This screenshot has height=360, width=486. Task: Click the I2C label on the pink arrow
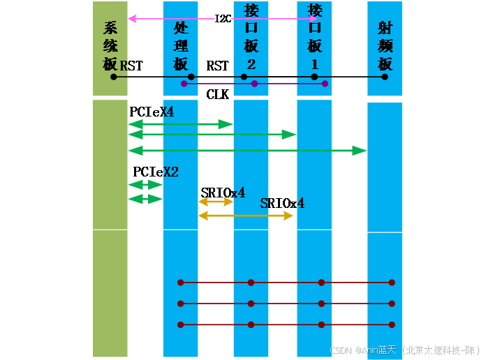[223, 18]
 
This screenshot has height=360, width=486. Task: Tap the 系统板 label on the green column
[110, 46]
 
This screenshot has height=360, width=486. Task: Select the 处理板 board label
[181, 46]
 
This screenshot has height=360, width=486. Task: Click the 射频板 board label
[385, 46]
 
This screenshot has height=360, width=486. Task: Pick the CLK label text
[218, 93]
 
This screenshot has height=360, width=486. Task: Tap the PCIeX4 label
[152, 112]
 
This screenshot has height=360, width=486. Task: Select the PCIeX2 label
[156, 172]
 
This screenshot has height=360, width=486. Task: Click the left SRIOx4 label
[223, 193]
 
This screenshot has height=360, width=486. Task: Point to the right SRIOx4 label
[282, 204]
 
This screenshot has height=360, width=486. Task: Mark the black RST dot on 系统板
[113, 77]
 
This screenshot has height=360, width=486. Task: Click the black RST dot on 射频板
[385, 77]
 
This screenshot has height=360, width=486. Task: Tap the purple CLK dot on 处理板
[184, 84]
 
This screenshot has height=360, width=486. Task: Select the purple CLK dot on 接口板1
[325, 84]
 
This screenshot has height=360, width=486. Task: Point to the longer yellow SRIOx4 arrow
[246, 216]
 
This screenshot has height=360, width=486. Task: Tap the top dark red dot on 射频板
[392, 283]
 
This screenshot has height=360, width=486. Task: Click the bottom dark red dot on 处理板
[181, 324]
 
